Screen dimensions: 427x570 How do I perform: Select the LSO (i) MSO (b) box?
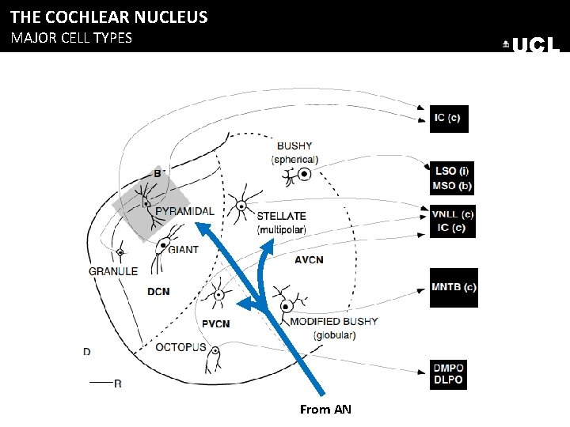[x=454, y=177]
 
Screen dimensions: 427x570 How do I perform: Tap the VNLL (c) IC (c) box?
[x=454, y=221]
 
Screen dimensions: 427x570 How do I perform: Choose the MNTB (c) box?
[x=454, y=286]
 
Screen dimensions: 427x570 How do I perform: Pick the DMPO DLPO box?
[x=449, y=374]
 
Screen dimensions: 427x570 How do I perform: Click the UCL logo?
[x=532, y=46]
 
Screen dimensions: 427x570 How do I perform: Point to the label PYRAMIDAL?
[x=184, y=211]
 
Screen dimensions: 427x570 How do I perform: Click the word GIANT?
[x=184, y=249]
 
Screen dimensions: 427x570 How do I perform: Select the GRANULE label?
[x=113, y=270]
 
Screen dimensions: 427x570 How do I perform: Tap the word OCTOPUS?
[x=180, y=347]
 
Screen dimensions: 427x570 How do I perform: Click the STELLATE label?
[x=281, y=216]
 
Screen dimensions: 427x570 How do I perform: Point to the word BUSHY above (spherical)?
[x=294, y=146]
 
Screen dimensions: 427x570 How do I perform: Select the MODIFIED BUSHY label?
[x=334, y=322]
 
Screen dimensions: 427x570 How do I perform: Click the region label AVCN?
[x=309, y=259]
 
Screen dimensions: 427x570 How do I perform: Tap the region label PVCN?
[x=215, y=323]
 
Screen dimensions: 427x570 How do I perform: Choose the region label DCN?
[x=158, y=291]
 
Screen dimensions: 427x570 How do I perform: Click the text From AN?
[x=325, y=409]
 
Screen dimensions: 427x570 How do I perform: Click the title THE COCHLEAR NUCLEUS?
[x=108, y=17]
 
